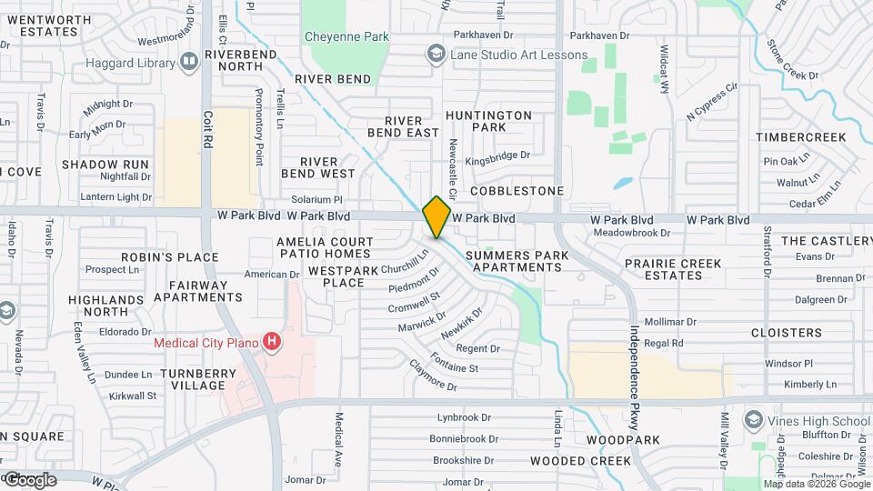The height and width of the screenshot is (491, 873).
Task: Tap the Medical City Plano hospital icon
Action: tap(271, 343)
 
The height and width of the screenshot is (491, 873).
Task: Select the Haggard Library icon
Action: tap(189, 63)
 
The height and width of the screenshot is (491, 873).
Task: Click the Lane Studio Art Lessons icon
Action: tap(437, 55)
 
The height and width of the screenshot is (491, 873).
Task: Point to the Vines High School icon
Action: tap(753, 420)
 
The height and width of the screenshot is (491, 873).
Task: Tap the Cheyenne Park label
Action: tap(346, 37)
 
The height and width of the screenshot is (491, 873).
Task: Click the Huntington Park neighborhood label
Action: tap(488, 122)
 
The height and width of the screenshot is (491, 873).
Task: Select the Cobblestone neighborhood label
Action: tap(517, 191)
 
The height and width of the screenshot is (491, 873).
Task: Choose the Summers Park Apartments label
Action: tap(514, 262)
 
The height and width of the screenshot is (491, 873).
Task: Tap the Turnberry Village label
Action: tap(192, 379)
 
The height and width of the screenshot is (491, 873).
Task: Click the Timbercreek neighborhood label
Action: tap(800, 137)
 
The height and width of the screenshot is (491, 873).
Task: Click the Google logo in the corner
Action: tap(29, 479)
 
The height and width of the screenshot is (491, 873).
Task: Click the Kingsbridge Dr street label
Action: tap(497, 155)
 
